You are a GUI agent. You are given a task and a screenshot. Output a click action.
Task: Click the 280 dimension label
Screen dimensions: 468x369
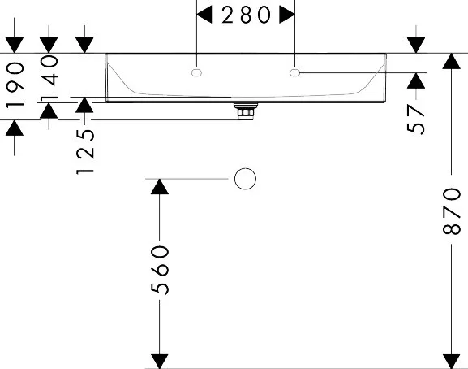(x=247, y=15)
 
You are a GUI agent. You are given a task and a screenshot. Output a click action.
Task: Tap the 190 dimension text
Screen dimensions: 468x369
(x=15, y=86)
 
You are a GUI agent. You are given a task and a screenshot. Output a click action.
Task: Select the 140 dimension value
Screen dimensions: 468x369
(x=49, y=77)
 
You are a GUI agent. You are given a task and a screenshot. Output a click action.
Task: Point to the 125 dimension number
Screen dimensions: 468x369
(x=85, y=152)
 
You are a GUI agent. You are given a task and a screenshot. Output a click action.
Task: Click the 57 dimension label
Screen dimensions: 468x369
(x=415, y=119)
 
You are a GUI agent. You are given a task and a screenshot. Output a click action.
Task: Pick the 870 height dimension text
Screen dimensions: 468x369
(x=451, y=211)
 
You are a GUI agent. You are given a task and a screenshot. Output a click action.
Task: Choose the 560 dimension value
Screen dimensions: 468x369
(x=160, y=270)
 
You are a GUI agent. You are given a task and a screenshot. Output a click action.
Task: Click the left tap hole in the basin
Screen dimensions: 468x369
(x=196, y=72)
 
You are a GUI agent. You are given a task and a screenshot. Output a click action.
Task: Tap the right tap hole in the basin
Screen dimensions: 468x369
(x=294, y=72)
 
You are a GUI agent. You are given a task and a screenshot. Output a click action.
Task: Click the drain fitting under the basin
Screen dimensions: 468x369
(x=246, y=111)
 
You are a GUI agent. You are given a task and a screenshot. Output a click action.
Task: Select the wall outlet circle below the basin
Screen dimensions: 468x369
(x=245, y=179)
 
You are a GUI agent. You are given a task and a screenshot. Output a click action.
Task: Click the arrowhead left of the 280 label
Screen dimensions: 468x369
(x=204, y=15)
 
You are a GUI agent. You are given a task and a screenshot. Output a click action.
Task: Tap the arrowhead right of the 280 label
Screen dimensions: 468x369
(x=287, y=15)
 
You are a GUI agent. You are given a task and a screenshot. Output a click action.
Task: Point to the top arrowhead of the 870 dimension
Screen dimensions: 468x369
(x=451, y=61)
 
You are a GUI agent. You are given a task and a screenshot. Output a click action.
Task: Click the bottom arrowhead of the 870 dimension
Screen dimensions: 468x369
(x=451, y=361)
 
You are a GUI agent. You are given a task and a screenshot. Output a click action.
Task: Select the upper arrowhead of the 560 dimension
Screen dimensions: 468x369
(x=160, y=187)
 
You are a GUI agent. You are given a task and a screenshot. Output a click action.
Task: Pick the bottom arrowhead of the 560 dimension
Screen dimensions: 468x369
(x=160, y=361)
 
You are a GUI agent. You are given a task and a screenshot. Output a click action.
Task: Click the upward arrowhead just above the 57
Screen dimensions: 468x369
(x=416, y=80)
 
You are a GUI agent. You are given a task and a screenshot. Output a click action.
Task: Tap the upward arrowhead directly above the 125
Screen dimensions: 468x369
(x=84, y=105)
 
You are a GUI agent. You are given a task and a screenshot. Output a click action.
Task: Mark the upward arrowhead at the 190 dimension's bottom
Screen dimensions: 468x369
(x=15, y=128)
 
